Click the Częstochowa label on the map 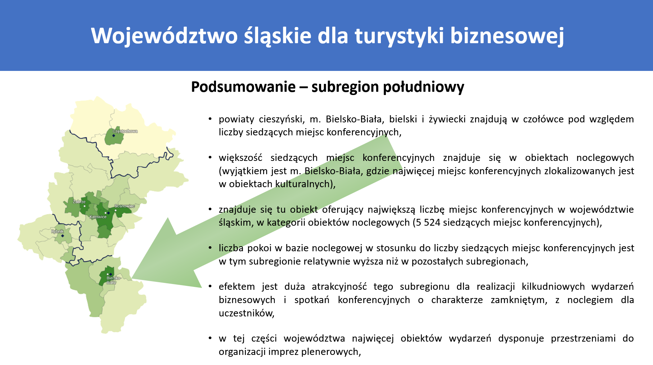[125, 131]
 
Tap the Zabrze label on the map [79, 202]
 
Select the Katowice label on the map [98, 217]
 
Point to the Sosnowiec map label [125, 206]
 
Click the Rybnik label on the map [58, 231]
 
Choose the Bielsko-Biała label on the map [113, 280]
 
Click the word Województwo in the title [165, 36]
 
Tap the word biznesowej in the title [507, 36]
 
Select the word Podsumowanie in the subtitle [243, 87]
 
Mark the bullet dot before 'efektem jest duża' [210, 287]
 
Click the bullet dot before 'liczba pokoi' [210, 248]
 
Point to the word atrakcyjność [339, 287]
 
